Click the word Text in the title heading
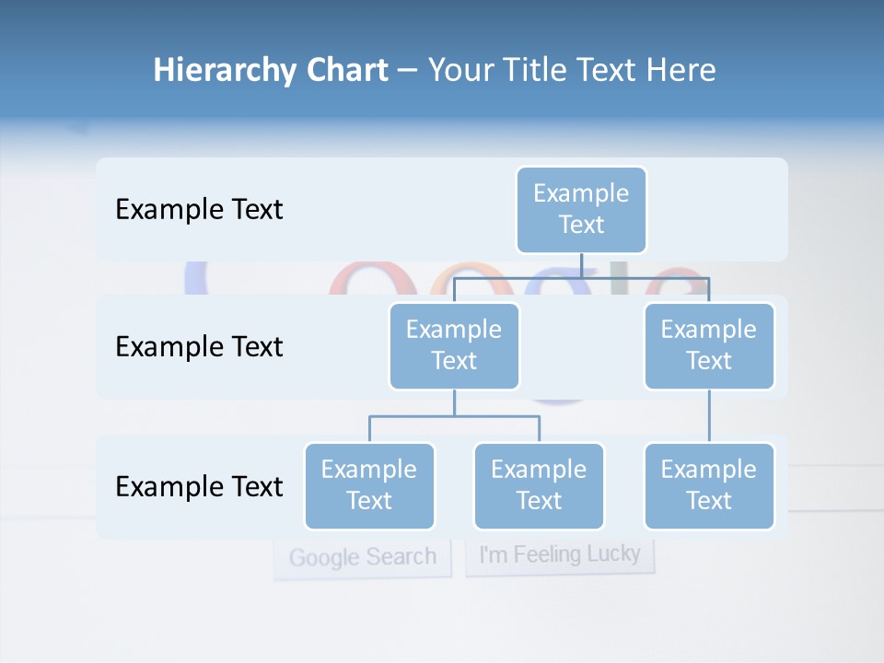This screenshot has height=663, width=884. coord(608,70)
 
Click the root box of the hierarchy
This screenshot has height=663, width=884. coord(581,209)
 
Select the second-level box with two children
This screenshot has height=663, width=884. coord(454,345)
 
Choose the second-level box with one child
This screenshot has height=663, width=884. coord(709,345)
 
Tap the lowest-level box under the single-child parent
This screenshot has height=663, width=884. coord(709,485)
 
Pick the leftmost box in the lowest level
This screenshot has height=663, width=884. coord(369,485)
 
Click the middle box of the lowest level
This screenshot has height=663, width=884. coord(539,485)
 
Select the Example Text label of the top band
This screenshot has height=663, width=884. coord(199,209)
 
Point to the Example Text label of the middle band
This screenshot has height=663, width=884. coord(199,346)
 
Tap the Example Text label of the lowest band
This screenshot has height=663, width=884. coord(199,486)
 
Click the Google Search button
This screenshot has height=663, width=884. coord(363,557)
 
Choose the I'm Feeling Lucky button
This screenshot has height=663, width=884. coord(559,554)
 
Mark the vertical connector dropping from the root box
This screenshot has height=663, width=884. coord(581,265)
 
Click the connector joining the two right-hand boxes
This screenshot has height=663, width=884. coord(709,416)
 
